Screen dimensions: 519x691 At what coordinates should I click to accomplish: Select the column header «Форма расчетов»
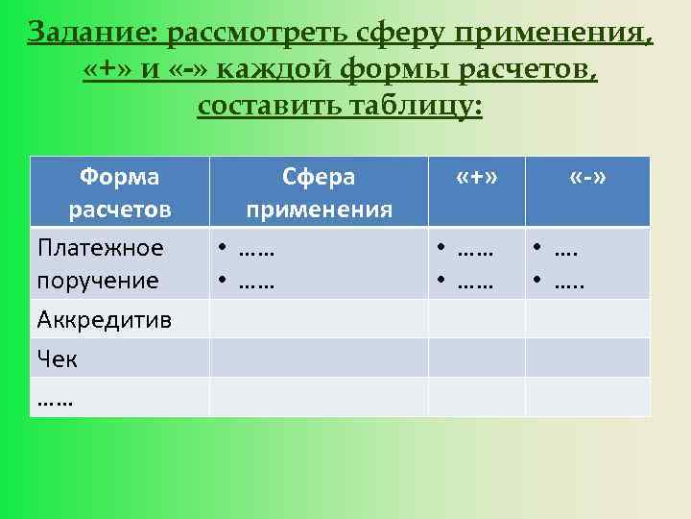(x=120, y=192)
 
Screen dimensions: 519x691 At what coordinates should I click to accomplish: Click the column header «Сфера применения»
(x=319, y=192)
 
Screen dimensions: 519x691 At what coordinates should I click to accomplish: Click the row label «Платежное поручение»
(x=101, y=263)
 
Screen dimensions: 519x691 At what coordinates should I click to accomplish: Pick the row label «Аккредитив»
(x=105, y=319)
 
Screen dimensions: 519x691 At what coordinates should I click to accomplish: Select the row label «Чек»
(x=58, y=358)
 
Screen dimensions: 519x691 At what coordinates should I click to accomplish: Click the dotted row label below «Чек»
(x=55, y=397)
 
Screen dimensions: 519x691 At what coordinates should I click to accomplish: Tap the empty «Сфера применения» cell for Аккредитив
(x=319, y=319)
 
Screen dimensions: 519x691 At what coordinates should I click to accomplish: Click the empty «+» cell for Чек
(x=476, y=358)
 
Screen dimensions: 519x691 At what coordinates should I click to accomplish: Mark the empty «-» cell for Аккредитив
(x=587, y=319)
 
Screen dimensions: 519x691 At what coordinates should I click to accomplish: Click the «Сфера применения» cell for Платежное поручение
(x=319, y=263)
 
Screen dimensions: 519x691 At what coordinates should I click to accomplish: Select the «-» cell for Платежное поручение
(x=587, y=263)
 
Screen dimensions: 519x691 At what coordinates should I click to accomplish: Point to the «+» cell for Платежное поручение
(x=476, y=263)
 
